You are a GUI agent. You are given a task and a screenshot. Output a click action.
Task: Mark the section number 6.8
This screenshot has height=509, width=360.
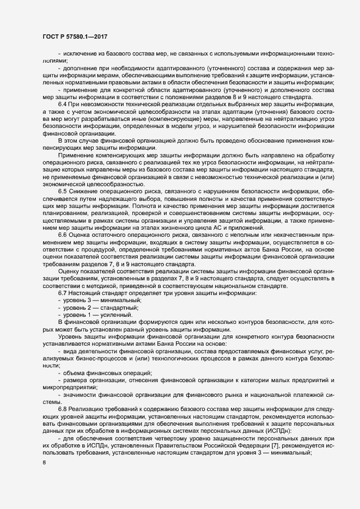63,409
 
